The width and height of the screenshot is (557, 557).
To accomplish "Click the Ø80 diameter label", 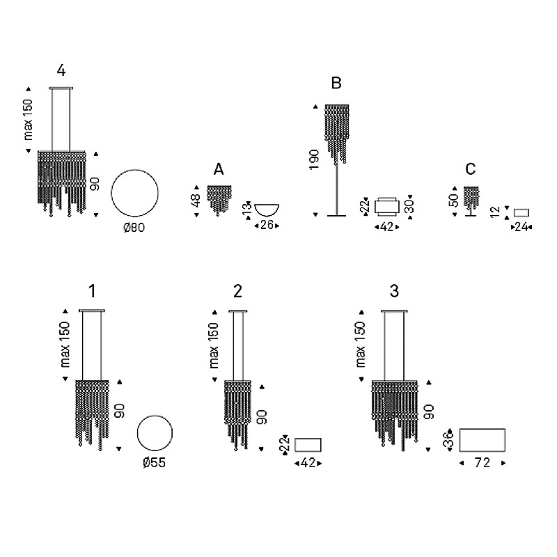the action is [134, 228].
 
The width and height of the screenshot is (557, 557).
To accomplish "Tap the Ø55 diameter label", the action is [155, 462].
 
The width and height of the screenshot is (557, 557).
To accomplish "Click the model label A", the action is [219, 169].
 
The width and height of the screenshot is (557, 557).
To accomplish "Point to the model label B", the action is [336, 83].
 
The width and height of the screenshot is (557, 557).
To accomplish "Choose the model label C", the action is [471, 169].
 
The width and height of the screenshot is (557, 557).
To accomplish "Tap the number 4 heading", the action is [61, 70].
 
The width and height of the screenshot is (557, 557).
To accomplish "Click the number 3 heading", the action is [394, 291].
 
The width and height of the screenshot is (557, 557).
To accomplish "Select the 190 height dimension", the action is [314, 159].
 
